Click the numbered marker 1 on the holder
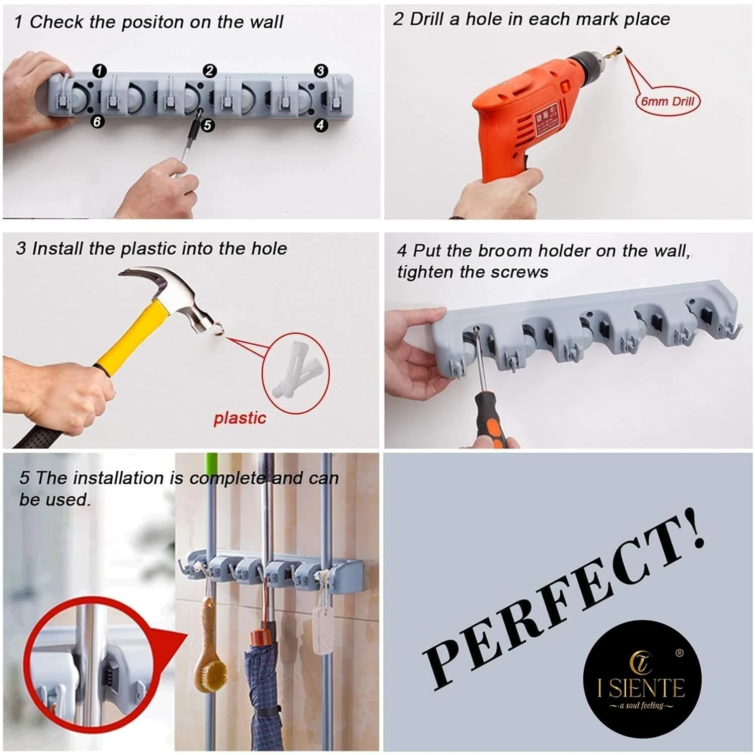100,70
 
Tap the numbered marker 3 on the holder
321,71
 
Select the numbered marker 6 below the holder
97,121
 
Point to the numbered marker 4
321,125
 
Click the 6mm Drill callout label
667,101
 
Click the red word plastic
240,418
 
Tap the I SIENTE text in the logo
641,688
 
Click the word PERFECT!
564,604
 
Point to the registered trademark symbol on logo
679,653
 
